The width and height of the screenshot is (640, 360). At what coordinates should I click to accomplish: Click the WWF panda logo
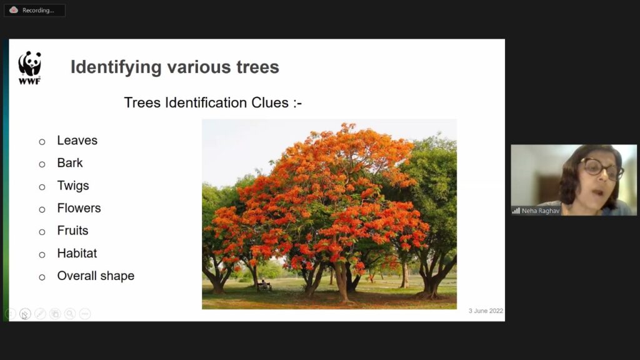tap(30, 67)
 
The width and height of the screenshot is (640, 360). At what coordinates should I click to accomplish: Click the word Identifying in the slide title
tap(116, 67)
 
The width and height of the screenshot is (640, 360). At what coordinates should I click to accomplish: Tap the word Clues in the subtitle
tap(270, 102)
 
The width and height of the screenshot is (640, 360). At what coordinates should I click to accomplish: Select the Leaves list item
tap(77, 141)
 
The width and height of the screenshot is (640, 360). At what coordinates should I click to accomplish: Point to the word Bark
tap(70, 163)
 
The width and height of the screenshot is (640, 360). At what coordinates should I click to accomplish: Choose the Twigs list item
tap(73, 186)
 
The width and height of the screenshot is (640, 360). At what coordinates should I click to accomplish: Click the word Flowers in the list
tap(79, 208)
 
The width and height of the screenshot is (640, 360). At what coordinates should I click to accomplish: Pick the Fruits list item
tap(72, 231)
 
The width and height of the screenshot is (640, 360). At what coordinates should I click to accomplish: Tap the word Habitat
tap(77, 254)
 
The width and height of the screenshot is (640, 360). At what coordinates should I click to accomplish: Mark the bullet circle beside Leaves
tap(42, 142)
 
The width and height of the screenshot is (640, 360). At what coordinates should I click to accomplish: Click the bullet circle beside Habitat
tap(42, 255)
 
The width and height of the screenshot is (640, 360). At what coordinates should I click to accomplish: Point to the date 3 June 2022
tap(486, 311)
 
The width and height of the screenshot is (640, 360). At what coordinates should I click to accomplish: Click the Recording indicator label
tap(38, 10)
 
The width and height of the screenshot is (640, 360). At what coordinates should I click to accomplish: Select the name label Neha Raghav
tap(541, 211)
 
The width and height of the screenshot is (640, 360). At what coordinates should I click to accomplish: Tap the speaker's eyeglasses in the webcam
tap(601, 167)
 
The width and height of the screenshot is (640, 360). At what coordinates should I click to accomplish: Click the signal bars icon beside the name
tap(516, 211)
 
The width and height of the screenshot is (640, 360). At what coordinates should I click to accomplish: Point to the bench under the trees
tap(264, 286)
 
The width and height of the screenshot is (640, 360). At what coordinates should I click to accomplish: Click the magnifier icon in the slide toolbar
tap(70, 314)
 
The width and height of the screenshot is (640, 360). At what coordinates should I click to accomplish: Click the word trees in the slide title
tap(257, 67)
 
